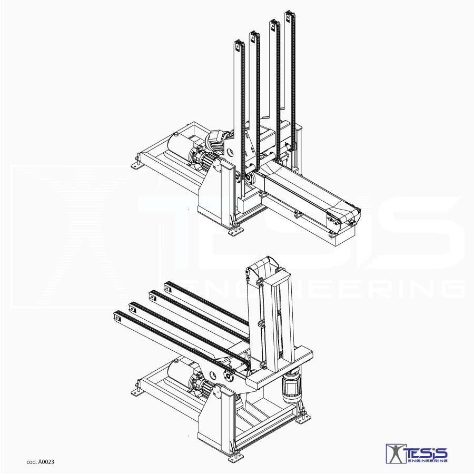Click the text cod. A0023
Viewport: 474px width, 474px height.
(x=40, y=461)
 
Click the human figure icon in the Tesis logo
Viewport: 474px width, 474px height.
(x=396, y=453)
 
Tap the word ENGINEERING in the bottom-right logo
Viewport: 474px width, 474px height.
(x=428, y=461)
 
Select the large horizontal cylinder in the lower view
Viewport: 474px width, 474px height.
(x=181, y=373)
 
